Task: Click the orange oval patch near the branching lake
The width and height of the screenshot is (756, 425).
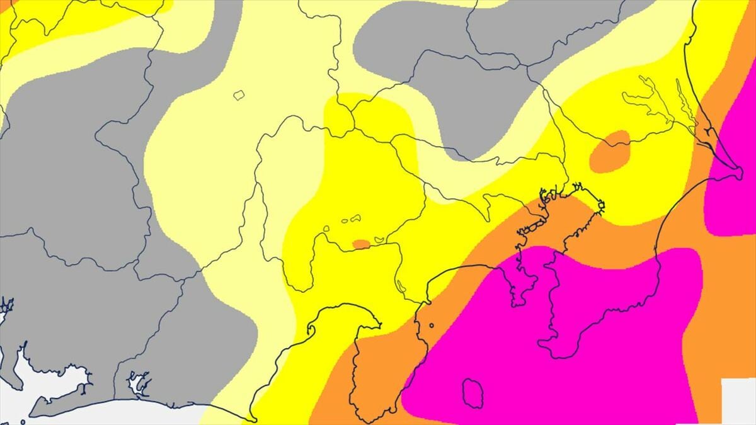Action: (610, 151)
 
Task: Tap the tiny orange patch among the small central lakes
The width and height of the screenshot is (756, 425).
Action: (361, 244)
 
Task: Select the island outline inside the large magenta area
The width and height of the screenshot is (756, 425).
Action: (472, 393)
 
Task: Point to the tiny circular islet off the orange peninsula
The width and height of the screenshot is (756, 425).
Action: (432, 326)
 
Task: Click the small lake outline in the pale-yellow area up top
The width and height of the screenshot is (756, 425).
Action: (239, 95)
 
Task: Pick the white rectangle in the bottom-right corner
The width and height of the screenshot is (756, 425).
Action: (738, 401)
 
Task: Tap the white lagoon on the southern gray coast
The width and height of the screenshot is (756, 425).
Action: (138, 382)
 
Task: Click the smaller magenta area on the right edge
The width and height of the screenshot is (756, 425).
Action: (734, 170)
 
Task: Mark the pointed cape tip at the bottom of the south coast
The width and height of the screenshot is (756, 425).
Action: (252, 419)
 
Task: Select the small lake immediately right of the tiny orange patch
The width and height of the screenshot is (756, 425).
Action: (379, 240)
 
